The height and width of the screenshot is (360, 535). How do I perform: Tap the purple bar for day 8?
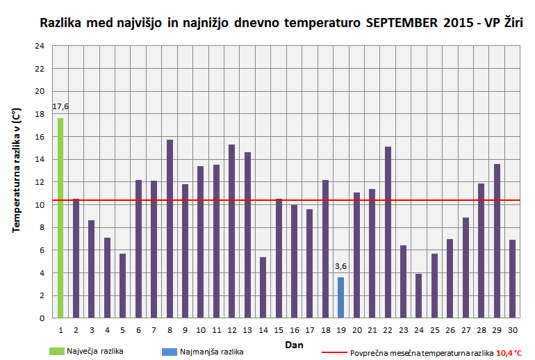(x=170, y=229)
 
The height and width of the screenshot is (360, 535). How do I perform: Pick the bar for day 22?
(x=388, y=232)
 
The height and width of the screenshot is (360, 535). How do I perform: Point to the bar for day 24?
(x=419, y=295)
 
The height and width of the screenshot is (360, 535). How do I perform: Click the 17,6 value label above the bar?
(x=61, y=106)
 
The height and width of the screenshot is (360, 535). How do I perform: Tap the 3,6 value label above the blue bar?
(x=340, y=266)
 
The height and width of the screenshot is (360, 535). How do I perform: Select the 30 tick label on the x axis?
(x=512, y=329)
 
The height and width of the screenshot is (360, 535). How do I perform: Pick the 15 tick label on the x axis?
(x=279, y=329)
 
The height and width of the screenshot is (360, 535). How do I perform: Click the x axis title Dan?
(x=294, y=344)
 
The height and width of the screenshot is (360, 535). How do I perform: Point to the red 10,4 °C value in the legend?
(x=509, y=353)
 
